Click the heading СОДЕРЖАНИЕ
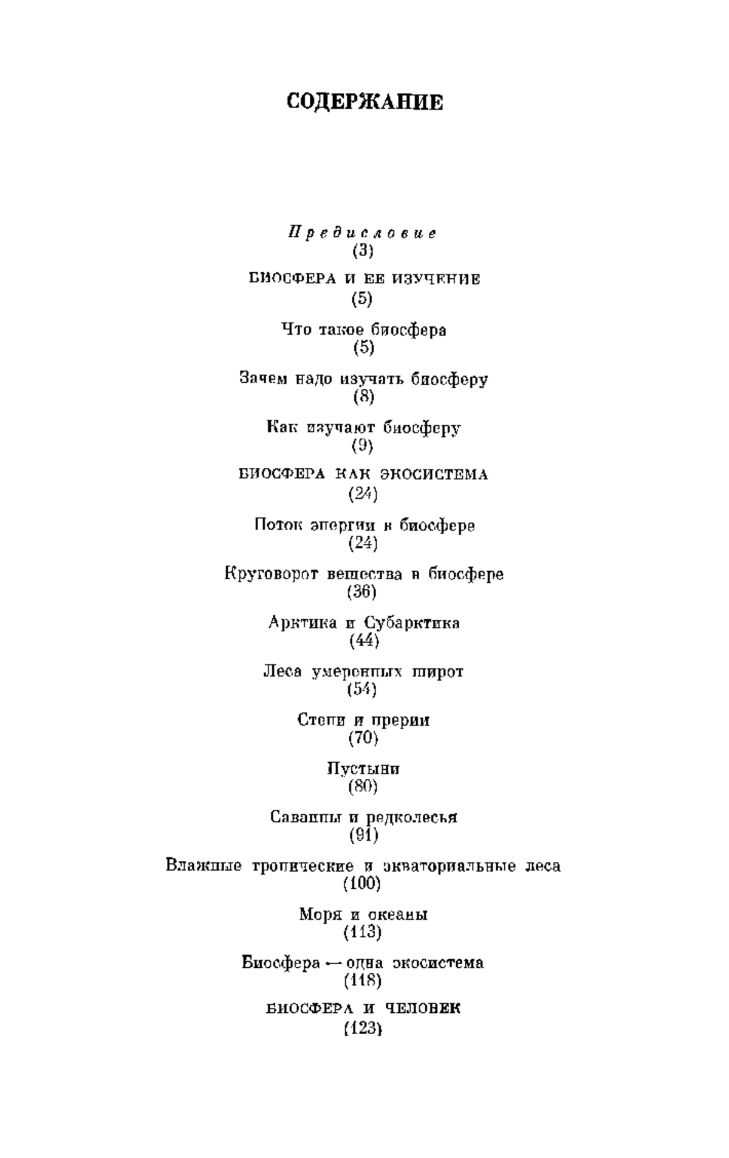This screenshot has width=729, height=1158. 364,102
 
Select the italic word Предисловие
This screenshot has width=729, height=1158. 363,233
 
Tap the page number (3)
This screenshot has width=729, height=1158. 363,250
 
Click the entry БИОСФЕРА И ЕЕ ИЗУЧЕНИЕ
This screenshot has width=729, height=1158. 364,279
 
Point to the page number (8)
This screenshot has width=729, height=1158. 363,397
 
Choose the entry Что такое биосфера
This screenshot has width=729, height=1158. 364,330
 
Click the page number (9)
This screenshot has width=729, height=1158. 363,446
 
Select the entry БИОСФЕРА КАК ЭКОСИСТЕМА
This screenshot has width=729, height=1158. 364,475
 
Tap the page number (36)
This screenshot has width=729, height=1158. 363,592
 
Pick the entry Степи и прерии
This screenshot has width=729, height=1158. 363,721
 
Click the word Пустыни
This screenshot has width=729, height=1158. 363,769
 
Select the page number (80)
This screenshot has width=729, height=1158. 363,787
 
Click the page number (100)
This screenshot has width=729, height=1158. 363,884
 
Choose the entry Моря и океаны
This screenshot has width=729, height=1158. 363,914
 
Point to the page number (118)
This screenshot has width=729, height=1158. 363,981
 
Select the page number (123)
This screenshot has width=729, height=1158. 363,1029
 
